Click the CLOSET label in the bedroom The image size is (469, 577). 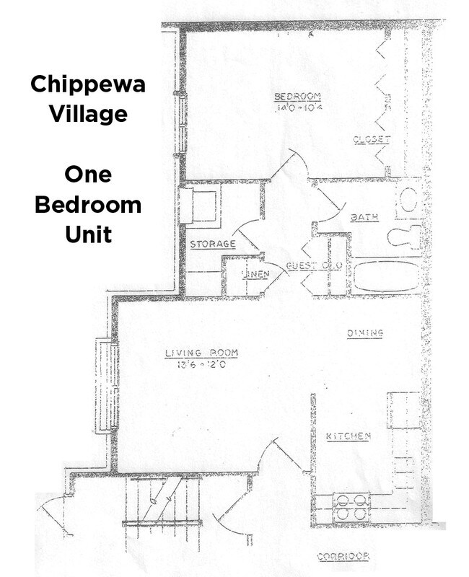pos(372,140)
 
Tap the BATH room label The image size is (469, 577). pos(364,216)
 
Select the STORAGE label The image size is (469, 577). pos(213,245)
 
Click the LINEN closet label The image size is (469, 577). pos(255,275)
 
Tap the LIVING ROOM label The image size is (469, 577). pos(201,353)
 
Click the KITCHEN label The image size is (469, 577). pos(349,436)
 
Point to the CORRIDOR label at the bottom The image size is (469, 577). pos(343,556)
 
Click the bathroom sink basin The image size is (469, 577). pos(411,199)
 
